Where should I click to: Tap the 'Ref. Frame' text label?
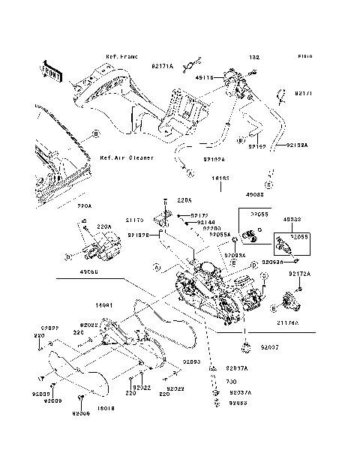(x=121, y=56)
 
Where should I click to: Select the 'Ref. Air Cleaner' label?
(x=126, y=158)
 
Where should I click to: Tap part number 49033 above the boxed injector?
(x=292, y=220)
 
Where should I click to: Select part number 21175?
(x=134, y=220)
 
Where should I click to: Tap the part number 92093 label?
(x=191, y=361)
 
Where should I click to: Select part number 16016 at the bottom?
(x=106, y=409)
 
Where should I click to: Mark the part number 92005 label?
(x=81, y=413)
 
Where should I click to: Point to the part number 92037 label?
(x=270, y=349)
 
